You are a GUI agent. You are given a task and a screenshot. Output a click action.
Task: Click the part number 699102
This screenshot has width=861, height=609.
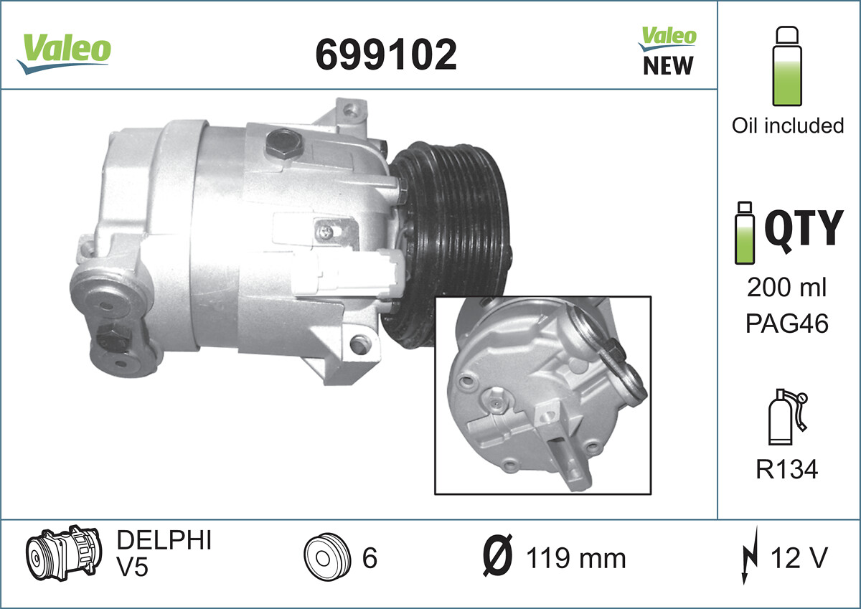[x=386, y=55]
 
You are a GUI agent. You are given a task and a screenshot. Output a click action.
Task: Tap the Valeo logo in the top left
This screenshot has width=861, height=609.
[x=64, y=54]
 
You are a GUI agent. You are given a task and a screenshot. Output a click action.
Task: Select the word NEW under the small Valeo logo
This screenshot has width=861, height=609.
[x=668, y=66]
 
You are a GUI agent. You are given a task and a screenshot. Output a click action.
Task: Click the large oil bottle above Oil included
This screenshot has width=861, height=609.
[x=787, y=66]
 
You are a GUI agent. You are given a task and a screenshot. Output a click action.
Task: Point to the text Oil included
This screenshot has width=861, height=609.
[x=788, y=126]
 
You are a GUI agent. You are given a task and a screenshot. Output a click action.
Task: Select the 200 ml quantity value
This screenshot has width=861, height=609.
[x=786, y=288]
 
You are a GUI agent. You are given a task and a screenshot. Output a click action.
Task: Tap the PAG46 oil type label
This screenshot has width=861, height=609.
[x=787, y=324]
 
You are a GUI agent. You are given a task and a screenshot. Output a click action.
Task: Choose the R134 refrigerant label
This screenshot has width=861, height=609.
[x=787, y=469]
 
